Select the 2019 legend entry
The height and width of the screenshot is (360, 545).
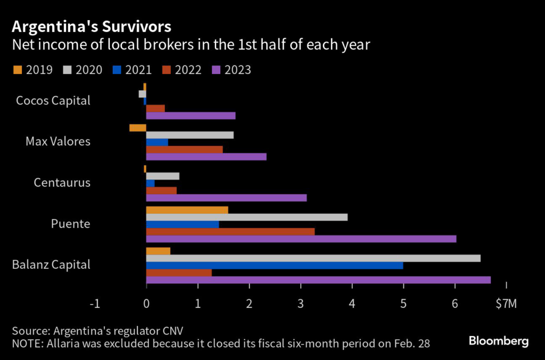click(32, 70)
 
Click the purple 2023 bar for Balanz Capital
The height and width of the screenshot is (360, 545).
click(318, 280)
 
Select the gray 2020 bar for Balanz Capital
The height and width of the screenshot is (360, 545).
click(313, 258)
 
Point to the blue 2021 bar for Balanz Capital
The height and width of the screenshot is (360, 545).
click(274, 265)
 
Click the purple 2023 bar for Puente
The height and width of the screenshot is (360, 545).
click(301, 239)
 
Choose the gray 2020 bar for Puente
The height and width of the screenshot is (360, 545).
click(246, 217)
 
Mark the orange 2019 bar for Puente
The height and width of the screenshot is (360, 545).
click(187, 210)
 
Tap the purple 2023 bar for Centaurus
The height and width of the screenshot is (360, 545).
click(226, 198)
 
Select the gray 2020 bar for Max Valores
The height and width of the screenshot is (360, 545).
click(189, 135)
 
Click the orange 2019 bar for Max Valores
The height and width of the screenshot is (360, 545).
click(137, 128)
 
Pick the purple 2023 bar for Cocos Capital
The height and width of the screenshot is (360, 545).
click(191, 116)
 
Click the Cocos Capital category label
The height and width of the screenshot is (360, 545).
click(53, 100)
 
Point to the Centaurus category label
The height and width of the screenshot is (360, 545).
click(62, 183)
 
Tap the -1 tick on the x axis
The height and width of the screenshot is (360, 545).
click(95, 304)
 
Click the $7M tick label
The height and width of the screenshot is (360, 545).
click(506, 304)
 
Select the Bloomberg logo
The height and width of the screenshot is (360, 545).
click(499, 341)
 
